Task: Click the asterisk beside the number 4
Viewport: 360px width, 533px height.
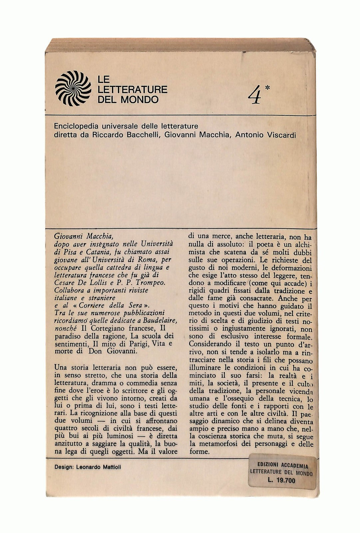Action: pyautogui.click(x=268, y=88)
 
